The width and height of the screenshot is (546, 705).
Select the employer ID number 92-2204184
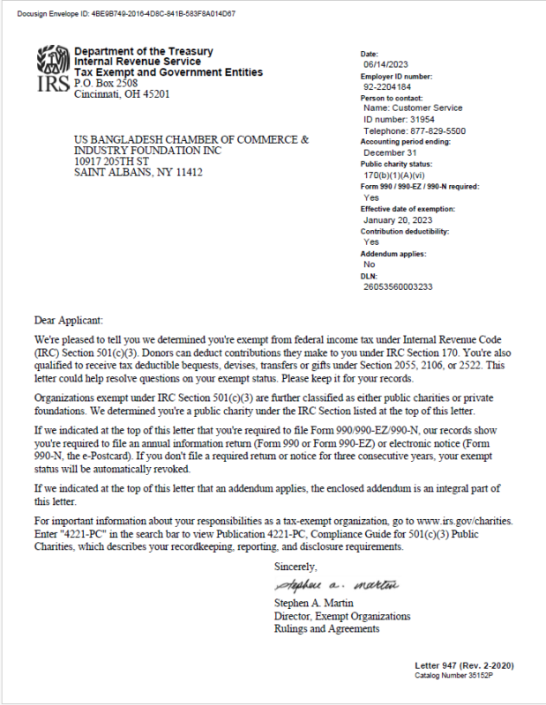tap(385, 87)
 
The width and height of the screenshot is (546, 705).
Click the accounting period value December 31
tap(390, 152)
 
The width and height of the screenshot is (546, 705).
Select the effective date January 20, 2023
tap(400, 219)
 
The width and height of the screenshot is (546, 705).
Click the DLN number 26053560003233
tap(398, 287)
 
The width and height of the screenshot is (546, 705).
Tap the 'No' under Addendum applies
tap(369, 264)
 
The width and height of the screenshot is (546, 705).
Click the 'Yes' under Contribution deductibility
tap(370, 241)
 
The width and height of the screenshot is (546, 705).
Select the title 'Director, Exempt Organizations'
tap(342, 616)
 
